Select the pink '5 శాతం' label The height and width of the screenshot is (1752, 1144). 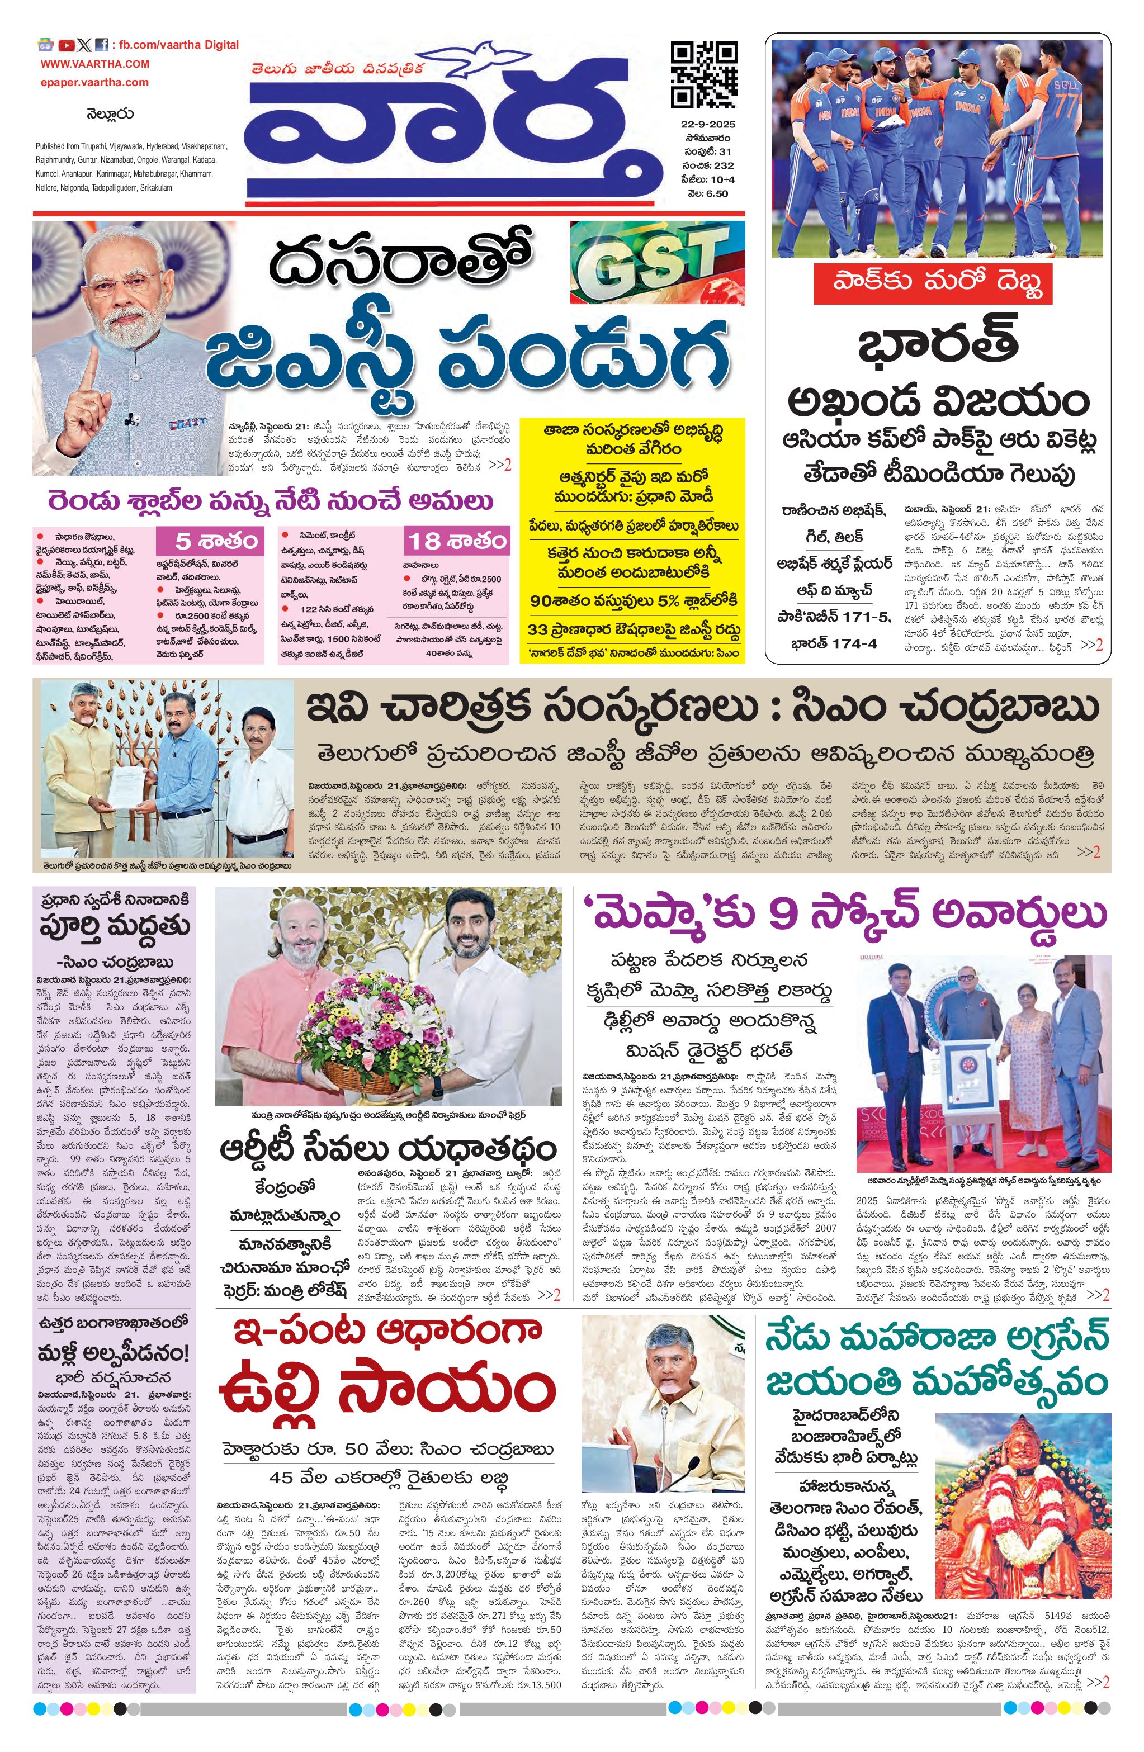click(x=209, y=542)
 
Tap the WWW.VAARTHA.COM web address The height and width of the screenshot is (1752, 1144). click(x=95, y=64)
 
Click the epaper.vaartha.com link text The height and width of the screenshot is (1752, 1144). click(x=95, y=82)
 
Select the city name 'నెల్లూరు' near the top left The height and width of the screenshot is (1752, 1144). click(x=110, y=114)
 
